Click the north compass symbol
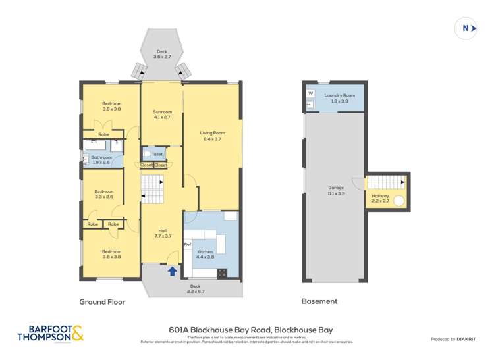pos(466,28)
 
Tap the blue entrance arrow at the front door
pos(173,270)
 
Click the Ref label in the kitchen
pos(188,245)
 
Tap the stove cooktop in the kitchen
pos(223,272)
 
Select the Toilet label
pos(157,154)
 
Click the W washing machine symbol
pos(310,94)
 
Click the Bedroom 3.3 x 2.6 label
pos(104,193)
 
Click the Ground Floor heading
pos(102,302)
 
